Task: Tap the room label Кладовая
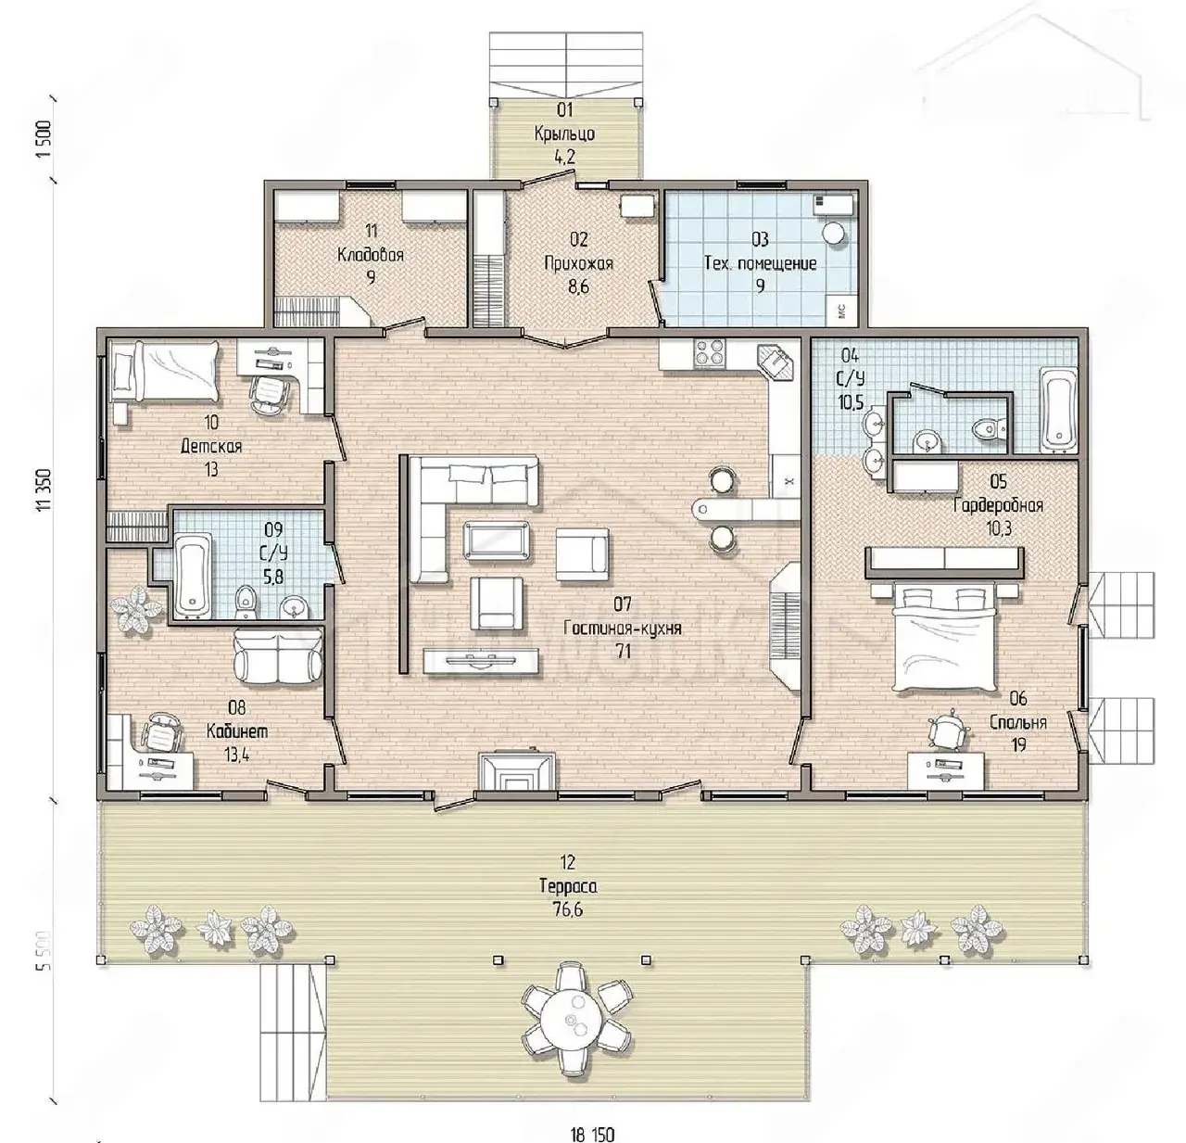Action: coord(371,254)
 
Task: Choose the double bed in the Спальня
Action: coord(946,637)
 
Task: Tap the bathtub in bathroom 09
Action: coord(194,574)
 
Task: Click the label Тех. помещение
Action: coord(760,263)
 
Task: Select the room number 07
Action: coord(623,604)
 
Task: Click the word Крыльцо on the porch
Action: coord(564,134)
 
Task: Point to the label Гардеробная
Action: coord(998,505)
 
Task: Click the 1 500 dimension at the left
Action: coord(44,140)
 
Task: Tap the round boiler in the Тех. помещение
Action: coord(834,233)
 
